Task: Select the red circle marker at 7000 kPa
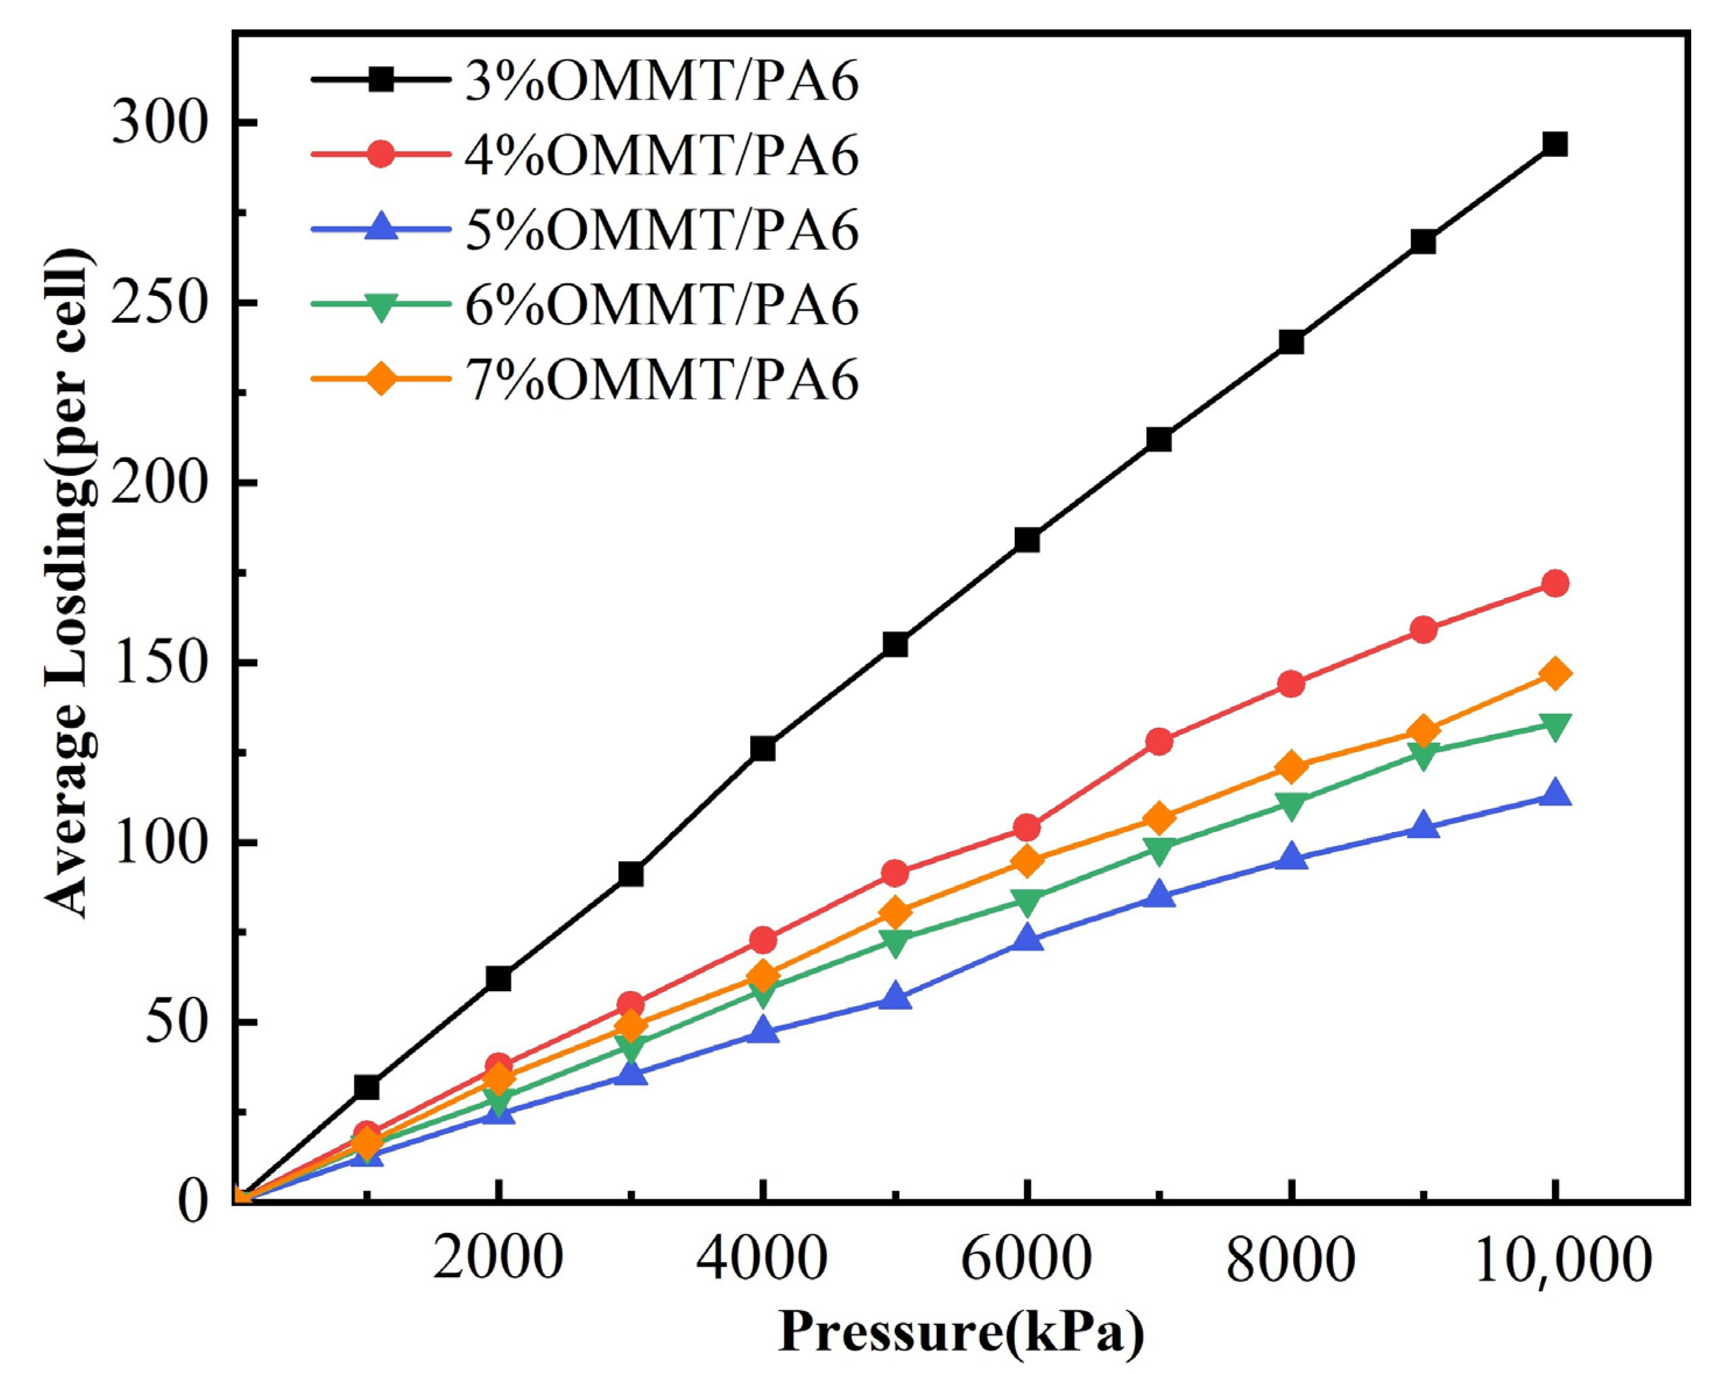coord(1159,742)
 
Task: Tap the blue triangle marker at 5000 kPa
coord(895,998)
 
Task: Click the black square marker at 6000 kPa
coord(1026,540)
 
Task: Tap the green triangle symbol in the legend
coord(382,306)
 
